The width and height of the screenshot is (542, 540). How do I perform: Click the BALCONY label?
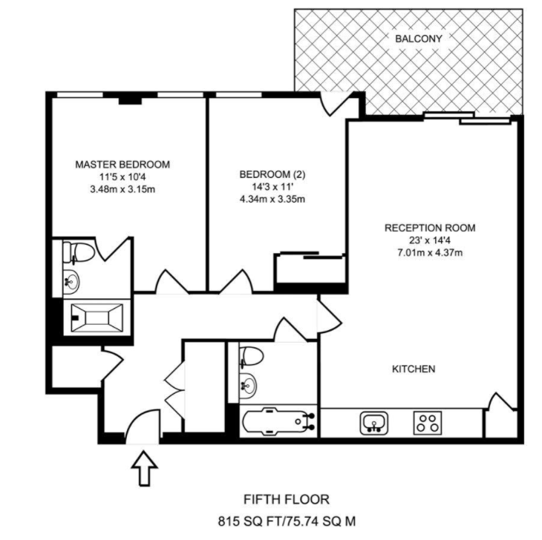click(418, 39)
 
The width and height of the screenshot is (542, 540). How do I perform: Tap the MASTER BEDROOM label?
click(123, 165)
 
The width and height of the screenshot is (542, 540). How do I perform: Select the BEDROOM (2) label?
click(272, 174)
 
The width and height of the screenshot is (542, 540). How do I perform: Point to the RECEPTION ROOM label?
click(430, 228)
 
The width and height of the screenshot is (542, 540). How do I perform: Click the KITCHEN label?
click(414, 369)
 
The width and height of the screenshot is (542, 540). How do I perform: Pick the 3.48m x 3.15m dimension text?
click(123, 189)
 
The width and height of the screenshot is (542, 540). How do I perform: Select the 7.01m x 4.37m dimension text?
click(430, 252)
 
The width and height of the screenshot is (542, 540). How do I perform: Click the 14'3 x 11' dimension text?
click(272, 187)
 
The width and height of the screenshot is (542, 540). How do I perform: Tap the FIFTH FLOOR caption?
click(287, 499)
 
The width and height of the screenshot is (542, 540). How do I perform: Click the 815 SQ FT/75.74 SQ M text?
click(287, 521)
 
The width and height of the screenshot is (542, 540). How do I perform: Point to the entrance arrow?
click(145, 468)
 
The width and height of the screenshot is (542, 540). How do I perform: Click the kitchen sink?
click(374, 423)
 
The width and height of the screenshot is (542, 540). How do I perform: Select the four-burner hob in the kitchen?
click(428, 423)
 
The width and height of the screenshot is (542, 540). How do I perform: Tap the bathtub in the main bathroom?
click(278, 421)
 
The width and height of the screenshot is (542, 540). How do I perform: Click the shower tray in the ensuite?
click(97, 317)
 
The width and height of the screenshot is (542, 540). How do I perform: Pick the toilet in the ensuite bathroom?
click(79, 252)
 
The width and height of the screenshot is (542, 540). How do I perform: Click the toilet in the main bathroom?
click(251, 356)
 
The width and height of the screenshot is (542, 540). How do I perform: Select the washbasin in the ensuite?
click(71, 281)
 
